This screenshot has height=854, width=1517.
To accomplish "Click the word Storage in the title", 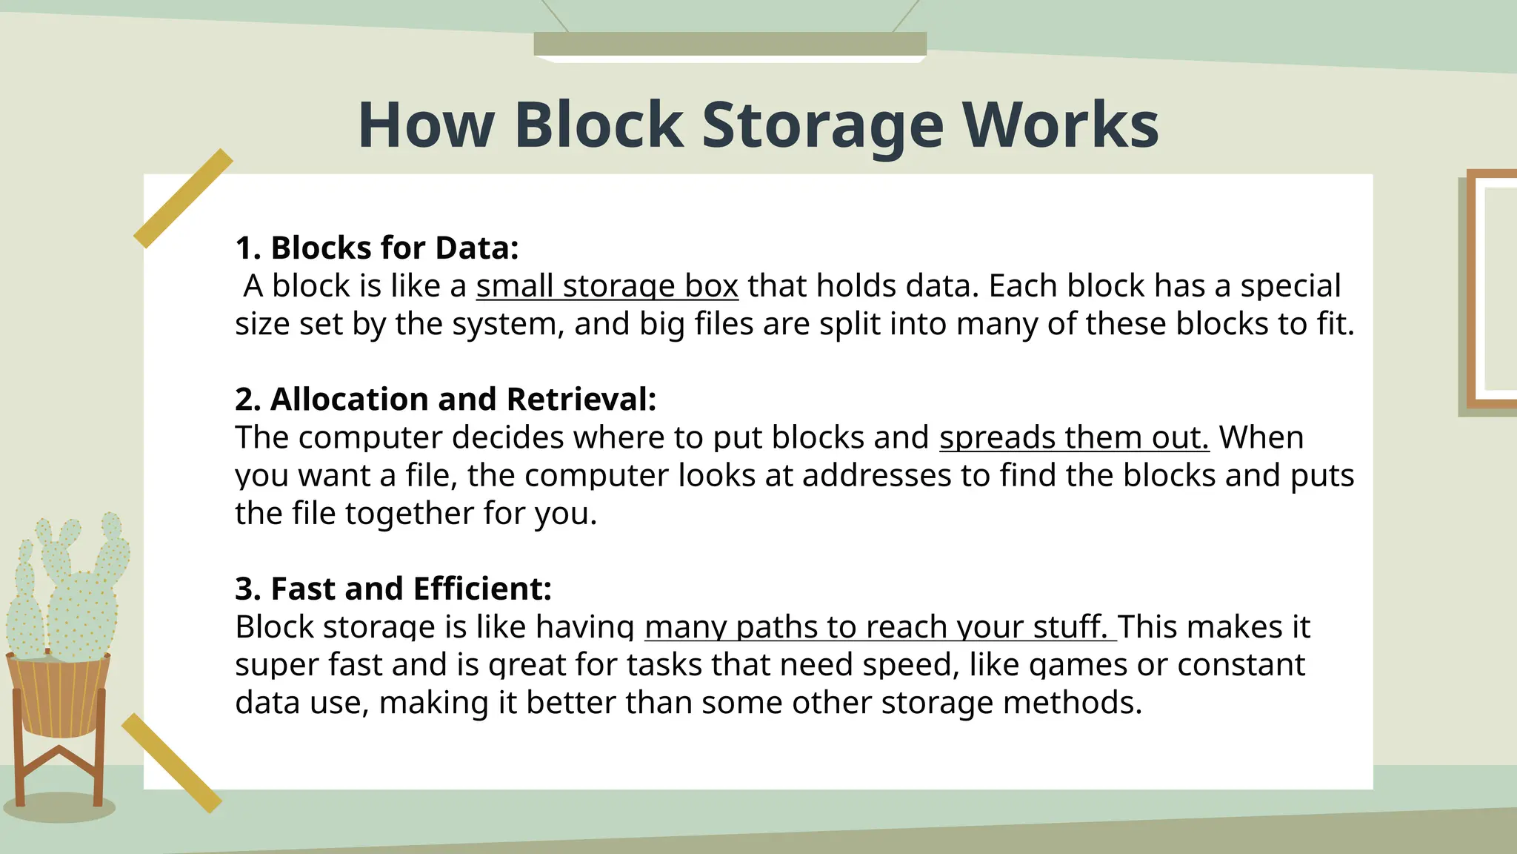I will (x=822, y=126).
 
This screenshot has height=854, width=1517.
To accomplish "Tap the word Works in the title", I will (x=1060, y=126).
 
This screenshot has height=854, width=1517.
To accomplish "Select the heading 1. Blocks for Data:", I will (x=376, y=248).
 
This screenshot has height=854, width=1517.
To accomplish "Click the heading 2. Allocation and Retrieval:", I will (x=445, y=400).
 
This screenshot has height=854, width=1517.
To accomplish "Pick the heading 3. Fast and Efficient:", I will (x=393, y=589).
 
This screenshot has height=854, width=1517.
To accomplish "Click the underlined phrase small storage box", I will (x=607, y=286).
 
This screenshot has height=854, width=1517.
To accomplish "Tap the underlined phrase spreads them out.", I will (x=1073, y=437).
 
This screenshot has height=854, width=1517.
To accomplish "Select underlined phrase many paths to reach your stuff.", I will (x=879, y=627).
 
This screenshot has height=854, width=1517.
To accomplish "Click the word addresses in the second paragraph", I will (x=876, y=475).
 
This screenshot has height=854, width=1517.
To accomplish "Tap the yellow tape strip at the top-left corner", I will (x=183, y=198).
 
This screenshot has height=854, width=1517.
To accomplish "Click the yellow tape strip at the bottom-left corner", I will (x=172, y=763).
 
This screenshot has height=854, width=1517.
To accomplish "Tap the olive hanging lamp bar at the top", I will (x=730, y=44).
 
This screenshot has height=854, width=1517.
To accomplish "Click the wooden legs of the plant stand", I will (x=59, y=771).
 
